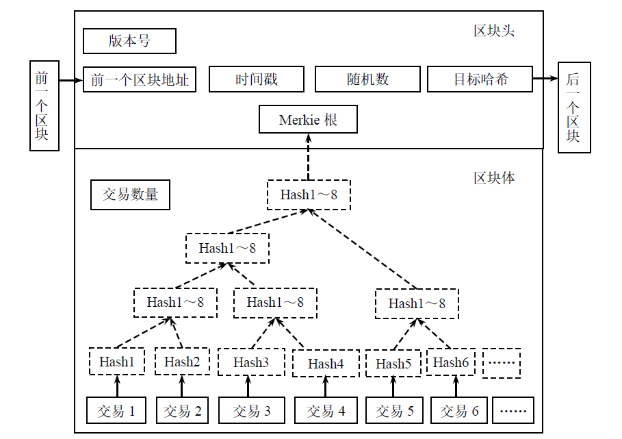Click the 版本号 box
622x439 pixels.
[129, 41]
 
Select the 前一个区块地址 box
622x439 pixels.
[139, 79]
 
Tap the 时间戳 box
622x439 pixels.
[256, 79]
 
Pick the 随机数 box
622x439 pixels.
[367, 79]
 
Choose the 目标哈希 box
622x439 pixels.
[480, 79]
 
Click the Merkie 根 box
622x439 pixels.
[308, 119]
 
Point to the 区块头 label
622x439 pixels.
[494, 31]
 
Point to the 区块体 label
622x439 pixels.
[494, 178]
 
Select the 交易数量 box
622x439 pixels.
[130, 195]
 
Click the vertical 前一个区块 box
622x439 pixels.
[44, 105]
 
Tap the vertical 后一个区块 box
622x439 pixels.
[574, 107]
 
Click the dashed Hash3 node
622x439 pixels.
[251, 362]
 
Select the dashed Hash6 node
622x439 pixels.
[451, 362]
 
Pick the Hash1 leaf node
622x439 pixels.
[116, 361]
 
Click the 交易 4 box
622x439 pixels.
[326, 410]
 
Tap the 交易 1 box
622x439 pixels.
[116, 410]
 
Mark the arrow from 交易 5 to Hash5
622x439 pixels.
[393, 386]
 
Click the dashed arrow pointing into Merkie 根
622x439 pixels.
[308, 157]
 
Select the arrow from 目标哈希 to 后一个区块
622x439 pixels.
[545, 79]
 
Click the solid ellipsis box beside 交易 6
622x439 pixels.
[513, 410]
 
